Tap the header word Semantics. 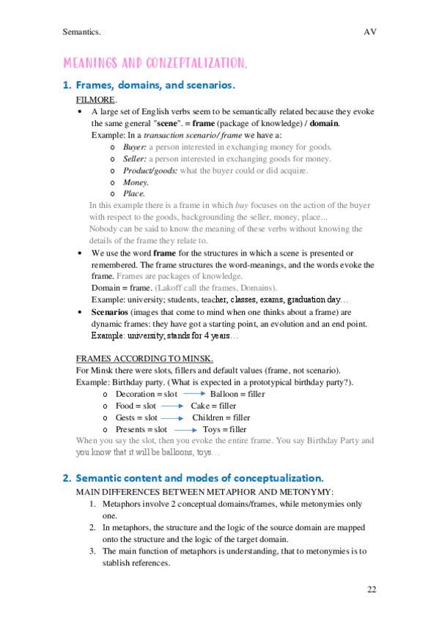point(82,32)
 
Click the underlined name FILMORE point(96,99)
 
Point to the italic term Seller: point(135,158)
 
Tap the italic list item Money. point(136,182)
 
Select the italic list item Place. point(133,193)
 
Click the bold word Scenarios point(113,311)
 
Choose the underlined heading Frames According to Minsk point(144,358)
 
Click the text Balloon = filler point(237,394)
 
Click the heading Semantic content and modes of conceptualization point(194,477)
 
